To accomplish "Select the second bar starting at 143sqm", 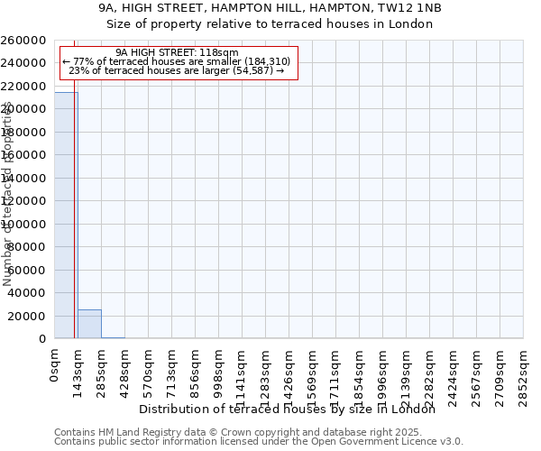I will tap(89, 324).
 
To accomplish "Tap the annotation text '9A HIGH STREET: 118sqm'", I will tap(177, 53).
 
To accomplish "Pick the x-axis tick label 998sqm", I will tap(218, 372).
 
